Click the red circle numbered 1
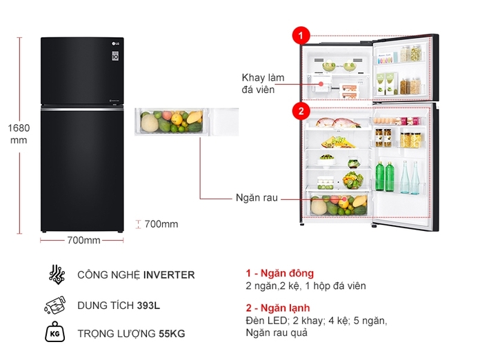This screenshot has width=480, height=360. pyautogui.click(x=301, y=35)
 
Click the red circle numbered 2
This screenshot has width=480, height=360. pyautogui.click(x=301, y=111)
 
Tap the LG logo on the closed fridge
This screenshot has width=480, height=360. pyautogui.click(x=115, y=43)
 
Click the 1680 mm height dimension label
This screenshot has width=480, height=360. pyautogui.click(x=19, y=134)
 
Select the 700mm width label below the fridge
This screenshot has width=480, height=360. pyautogui.click(x=84, y=240)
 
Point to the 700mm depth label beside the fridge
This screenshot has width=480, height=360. pyautogui.click(x=161, y=224)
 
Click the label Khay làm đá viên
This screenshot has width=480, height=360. pyautogui.click(x=263, y=83)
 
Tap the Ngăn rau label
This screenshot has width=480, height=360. pyautogui.click(x=257, y=198)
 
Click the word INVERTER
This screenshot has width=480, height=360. pyautogui.click(x=169, y=275)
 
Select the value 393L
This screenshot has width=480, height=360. pyautogui.click(x=148, y=306)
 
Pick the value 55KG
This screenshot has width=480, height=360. pyautogui.click(x=172, y=334)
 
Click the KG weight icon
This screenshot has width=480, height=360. pyautogui.click(x=54, y=332)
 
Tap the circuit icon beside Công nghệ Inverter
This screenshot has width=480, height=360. pyautogui.click(x=57, y=274)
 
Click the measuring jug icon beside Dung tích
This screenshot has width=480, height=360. pyautogui.click(x=55, y=306)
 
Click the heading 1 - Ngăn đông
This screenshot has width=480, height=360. pyautogui.click(x=280, y=273)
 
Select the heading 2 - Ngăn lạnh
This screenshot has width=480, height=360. pyautogui.click(x=278, y=308)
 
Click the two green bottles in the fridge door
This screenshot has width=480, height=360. pyautogui.click(x=385, y=176)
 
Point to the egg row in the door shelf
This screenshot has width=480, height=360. pyautogui.click(x=386, y=121)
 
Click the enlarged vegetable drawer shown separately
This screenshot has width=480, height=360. pyautogui.click(x=187, y=121)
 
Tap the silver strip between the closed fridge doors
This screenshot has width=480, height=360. pyautogui.click(x=82, y=108)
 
